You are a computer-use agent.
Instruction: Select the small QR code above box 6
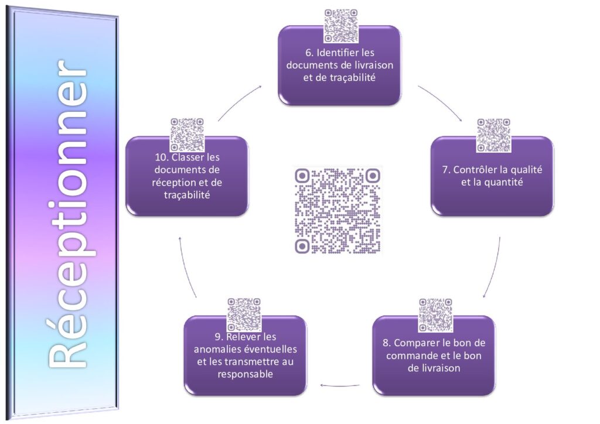coord(341,26)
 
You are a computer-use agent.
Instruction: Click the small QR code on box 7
coord(493,135)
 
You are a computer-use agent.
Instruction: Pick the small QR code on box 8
coord(435,316)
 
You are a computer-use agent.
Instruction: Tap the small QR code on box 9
coord(244,315)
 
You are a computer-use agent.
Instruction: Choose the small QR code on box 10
coord(187,135)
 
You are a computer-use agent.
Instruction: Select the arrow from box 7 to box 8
coord(495,268)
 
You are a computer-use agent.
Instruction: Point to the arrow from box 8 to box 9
coord(340,385)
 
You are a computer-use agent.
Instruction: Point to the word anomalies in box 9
coord(217,349)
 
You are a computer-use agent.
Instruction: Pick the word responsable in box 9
coord(246,374)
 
